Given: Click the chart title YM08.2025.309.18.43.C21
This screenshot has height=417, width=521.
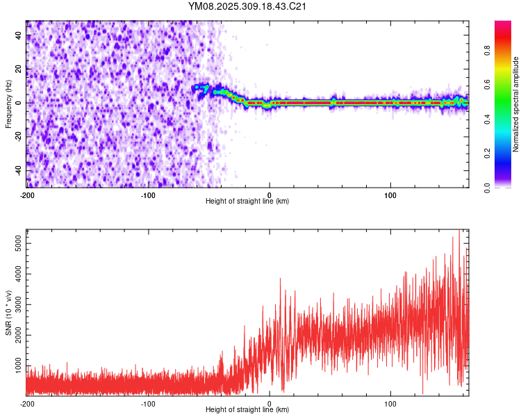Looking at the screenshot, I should [247, 6].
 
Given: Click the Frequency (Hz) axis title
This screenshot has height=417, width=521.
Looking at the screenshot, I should [8, 104].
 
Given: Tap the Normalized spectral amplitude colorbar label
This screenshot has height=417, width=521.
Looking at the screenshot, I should [516, 104].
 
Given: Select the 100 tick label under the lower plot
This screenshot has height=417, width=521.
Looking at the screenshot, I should [390, 403].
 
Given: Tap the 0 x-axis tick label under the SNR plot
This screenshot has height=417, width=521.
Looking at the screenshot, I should [270, 403].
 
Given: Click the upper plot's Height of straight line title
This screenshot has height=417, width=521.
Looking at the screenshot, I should [247, 202].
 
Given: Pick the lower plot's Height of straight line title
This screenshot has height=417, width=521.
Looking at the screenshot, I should [247, 411].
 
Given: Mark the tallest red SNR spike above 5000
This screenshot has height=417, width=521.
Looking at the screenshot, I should [459, 231].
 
